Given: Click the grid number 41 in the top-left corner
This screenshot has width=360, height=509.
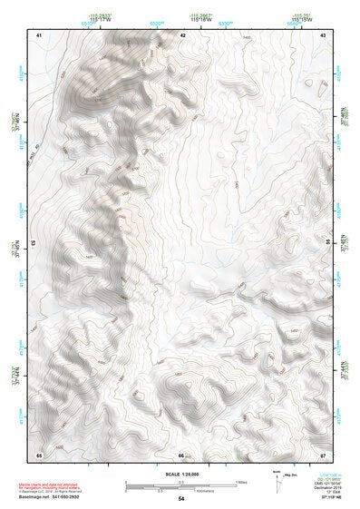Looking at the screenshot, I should point(39,34).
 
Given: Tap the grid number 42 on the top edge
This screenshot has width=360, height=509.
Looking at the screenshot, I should point(183,34).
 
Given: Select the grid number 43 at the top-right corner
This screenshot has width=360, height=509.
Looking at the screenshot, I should point(324,34).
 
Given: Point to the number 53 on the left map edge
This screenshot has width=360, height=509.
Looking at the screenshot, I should point(35,242).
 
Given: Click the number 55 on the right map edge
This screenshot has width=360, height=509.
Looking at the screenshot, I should point(327,242).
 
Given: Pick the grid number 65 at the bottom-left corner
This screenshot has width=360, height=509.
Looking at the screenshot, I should point(39,454).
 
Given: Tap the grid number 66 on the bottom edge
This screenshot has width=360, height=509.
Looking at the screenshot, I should point(181,455).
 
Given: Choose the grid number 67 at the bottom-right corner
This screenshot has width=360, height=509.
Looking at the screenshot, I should point(324,454).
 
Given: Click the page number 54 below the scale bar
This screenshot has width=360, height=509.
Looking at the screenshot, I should point(181,499).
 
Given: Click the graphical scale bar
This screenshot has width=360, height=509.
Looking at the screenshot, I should point(181,485).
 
